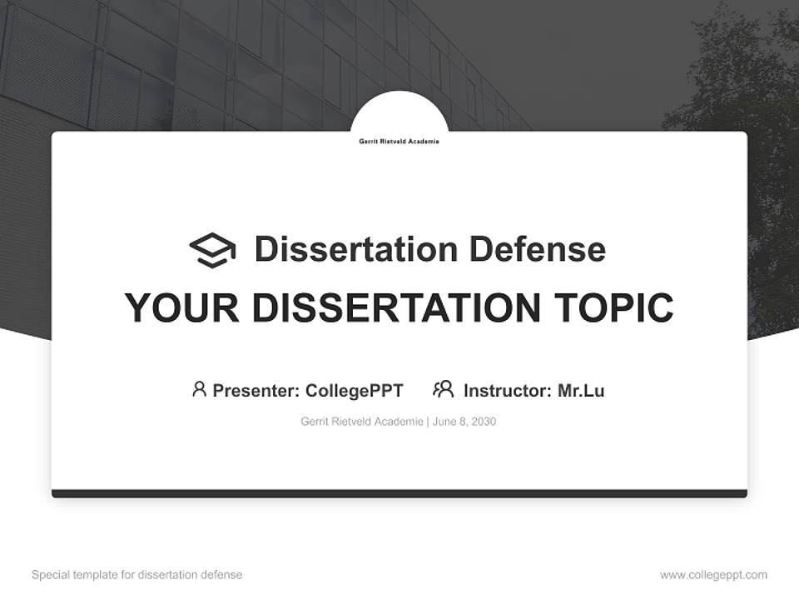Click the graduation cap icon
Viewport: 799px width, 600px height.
(x=212, y=250)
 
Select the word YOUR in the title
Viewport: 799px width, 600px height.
(x=183, y=308)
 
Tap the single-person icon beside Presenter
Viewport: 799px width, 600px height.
(x=199, y=389)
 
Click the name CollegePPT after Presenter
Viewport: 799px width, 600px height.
(x=354, y=390)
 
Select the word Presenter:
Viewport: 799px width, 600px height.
(x=256, y=390)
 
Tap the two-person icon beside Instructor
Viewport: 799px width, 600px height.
(x=444, y=389)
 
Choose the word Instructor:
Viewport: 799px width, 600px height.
(x=508, y=390)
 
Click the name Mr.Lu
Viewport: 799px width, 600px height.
(x=581, y=390)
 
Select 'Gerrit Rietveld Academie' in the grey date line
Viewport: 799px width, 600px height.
(x=361, y=422)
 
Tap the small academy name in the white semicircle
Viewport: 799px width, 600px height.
(x=399, y=142)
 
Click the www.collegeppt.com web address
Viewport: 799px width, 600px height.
(x=713, y=575)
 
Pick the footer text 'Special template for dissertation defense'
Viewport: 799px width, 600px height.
(x=137, y=575)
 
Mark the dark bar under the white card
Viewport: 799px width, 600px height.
(x=399, y=493)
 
